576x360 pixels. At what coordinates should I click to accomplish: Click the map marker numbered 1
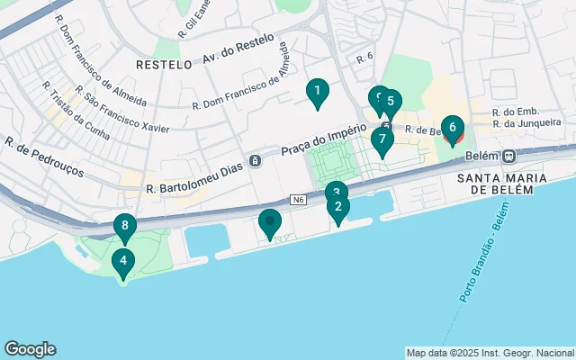coord(316,92)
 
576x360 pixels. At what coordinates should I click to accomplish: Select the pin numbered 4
coord(122,263)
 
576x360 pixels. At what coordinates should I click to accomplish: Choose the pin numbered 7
coord(382,140)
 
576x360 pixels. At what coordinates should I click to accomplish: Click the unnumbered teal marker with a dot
coord(270,222)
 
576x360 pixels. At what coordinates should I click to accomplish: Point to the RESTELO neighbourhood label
coord(164,65)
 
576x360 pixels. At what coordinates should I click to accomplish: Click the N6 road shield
coord(298,199)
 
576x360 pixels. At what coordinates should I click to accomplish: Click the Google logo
coord(30,349)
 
